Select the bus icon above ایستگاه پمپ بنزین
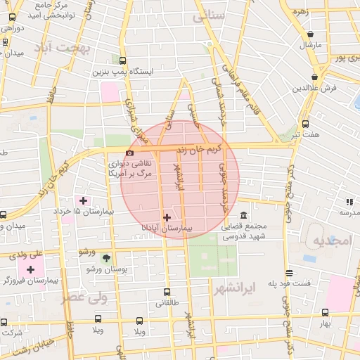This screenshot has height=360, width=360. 123,60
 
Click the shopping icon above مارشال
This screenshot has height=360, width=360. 310,34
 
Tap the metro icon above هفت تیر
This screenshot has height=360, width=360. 305,124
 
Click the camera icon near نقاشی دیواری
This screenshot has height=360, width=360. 129,153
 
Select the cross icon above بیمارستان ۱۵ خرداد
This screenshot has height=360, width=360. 83,200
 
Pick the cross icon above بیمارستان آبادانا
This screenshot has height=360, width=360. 167,217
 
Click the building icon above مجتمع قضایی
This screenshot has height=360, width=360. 243,215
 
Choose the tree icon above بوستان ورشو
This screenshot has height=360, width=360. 105,258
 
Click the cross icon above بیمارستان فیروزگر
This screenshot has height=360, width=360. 30,269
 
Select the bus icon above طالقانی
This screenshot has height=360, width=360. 167,292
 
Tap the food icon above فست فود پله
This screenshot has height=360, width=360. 289,273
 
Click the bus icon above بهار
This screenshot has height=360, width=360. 325,312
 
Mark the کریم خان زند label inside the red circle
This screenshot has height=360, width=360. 207,148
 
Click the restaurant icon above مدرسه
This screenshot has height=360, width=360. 349,202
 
